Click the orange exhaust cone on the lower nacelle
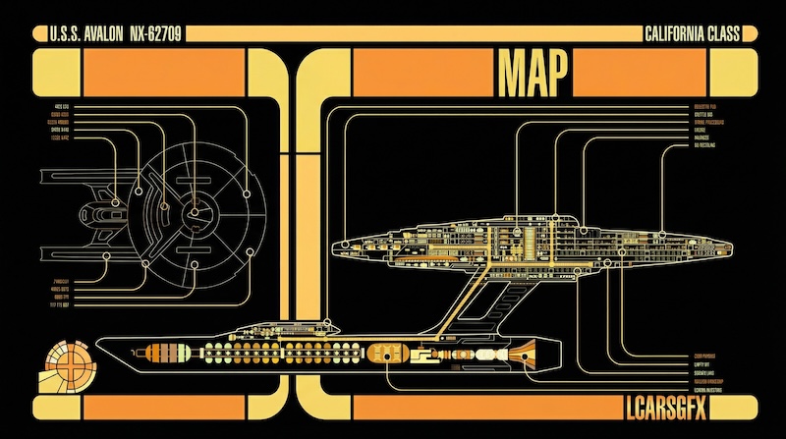coord(522,349)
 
